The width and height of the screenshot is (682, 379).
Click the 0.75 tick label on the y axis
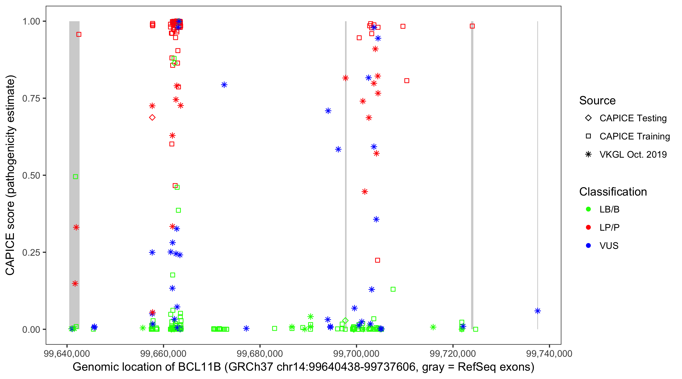coord(31,99)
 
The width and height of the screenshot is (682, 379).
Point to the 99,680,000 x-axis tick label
coord(260,353)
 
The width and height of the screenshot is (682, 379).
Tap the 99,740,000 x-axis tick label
coord(549,353)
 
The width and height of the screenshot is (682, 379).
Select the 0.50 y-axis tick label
coord(31,176)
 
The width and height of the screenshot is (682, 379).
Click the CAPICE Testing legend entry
coord(633,118)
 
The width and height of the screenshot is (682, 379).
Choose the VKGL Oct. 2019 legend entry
coord(633,154)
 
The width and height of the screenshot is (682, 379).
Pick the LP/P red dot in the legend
coord(588,227)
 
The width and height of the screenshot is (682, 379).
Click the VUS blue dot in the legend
coord(588,246)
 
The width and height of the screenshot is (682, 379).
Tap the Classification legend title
coord(613,192)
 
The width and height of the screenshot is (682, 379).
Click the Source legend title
coord(597,101)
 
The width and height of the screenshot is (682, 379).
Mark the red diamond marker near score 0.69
coord(152,117)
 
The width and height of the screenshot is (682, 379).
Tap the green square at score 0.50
coord(76,177)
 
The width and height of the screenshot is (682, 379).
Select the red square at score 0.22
coord(378,260)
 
